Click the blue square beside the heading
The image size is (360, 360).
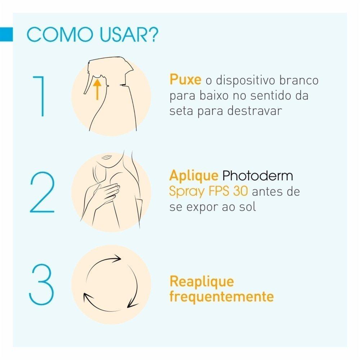6,35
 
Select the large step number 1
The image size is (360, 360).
39,96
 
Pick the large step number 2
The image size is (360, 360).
42,192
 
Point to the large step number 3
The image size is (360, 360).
41,284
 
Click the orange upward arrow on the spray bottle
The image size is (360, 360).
97,90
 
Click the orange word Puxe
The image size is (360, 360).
185,80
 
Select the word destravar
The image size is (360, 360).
255,111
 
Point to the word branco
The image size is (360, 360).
299,80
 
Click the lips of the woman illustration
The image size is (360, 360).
106,157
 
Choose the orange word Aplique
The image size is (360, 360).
194,176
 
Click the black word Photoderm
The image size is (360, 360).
258,176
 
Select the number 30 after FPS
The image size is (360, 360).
240,191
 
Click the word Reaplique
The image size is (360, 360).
202,282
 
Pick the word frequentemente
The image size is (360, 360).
221,297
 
